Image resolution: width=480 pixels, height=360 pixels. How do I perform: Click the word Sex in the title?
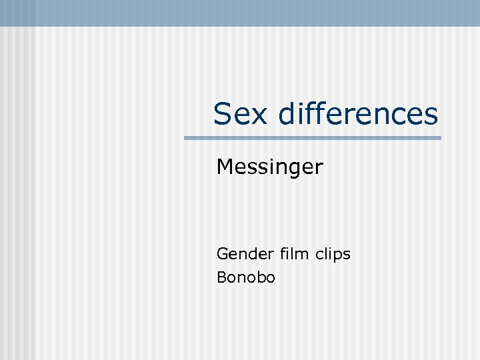point(241,114)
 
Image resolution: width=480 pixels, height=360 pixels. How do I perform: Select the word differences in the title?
point(358,114)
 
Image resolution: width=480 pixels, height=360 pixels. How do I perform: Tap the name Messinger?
point(269,167)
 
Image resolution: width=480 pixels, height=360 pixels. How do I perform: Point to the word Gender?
point(235,254)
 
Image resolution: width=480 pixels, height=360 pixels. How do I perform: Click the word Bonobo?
point(245,277)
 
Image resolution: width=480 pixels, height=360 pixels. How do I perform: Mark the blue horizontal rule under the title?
point(313,138)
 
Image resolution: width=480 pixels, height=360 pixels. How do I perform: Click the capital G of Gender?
point(222,254)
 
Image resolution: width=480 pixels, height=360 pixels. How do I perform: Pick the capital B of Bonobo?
point(221,277)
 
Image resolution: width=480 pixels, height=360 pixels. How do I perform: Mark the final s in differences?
point(431,115)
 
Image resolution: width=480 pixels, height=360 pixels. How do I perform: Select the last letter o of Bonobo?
point(269,279)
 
